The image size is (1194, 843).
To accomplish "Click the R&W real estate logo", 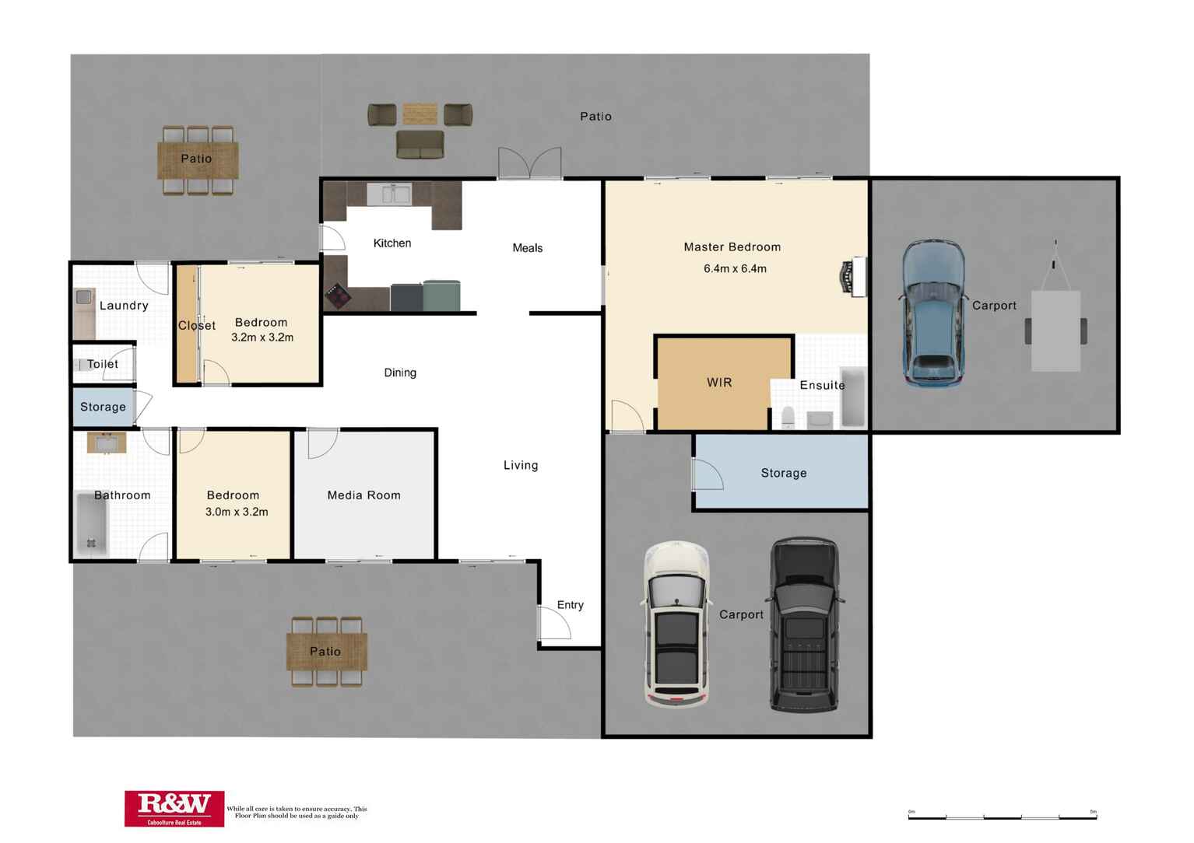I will click(x=174, y=808).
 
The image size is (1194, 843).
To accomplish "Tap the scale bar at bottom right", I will click(x=1002, y=817).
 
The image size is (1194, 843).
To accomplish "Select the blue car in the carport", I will click(x=932, y=313).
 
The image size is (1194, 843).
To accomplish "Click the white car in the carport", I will click(x=676, y=624).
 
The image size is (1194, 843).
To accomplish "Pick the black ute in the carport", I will click(x=804, y=624).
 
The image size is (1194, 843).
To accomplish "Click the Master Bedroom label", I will click(x=732, y=247).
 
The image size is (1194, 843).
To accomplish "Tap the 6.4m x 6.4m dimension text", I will click(x=735, y=269).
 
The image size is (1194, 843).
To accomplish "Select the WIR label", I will click(x=719, y=383).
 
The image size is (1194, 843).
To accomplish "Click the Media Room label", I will click(x=363, y=495).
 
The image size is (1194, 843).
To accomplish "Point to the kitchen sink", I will click(x=389, y=194).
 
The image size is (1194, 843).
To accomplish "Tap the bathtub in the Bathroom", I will click(x=91, y=524).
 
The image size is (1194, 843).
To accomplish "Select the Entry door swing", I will click(x=554, y=623).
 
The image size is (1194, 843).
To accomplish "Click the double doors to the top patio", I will click(x=529, y=163).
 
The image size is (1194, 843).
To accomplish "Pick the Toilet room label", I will click(x=103, y=364).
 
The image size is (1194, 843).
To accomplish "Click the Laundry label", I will click(x=124, y=306).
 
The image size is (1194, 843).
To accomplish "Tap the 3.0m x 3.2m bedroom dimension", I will click(x=237, y=512).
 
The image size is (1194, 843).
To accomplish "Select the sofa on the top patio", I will click(x=420, y=145).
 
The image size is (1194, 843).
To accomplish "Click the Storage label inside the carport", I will click(x=783, y=473).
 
